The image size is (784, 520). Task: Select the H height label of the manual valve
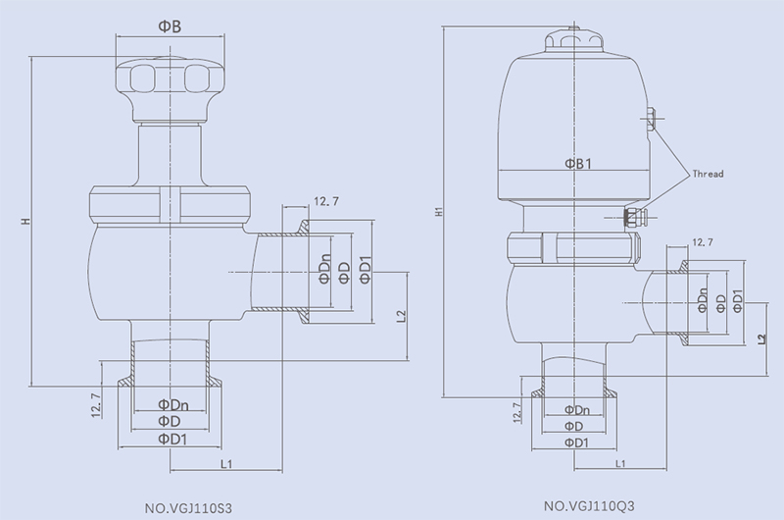pyautogui.click(x=24, y=222)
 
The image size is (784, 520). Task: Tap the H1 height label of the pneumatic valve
pyautogui.click(x=437, y=210)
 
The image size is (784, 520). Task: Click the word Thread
pyautogui.click(x=708, y=174)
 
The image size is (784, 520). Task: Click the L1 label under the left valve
pyautogui.click(x=226, y=461)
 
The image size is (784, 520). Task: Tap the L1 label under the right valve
pyautogui.click(x=620, y=462)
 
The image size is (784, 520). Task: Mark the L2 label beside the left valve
pyautogui.click(x=402, y=316)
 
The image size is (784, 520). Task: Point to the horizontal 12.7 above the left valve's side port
pyautogui.click(x=326, y=202)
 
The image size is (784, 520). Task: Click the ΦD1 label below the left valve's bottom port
pyautogui.click(x=173, y=440)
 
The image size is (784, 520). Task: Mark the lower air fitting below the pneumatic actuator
pyautogui.click(x=635, y=214)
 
